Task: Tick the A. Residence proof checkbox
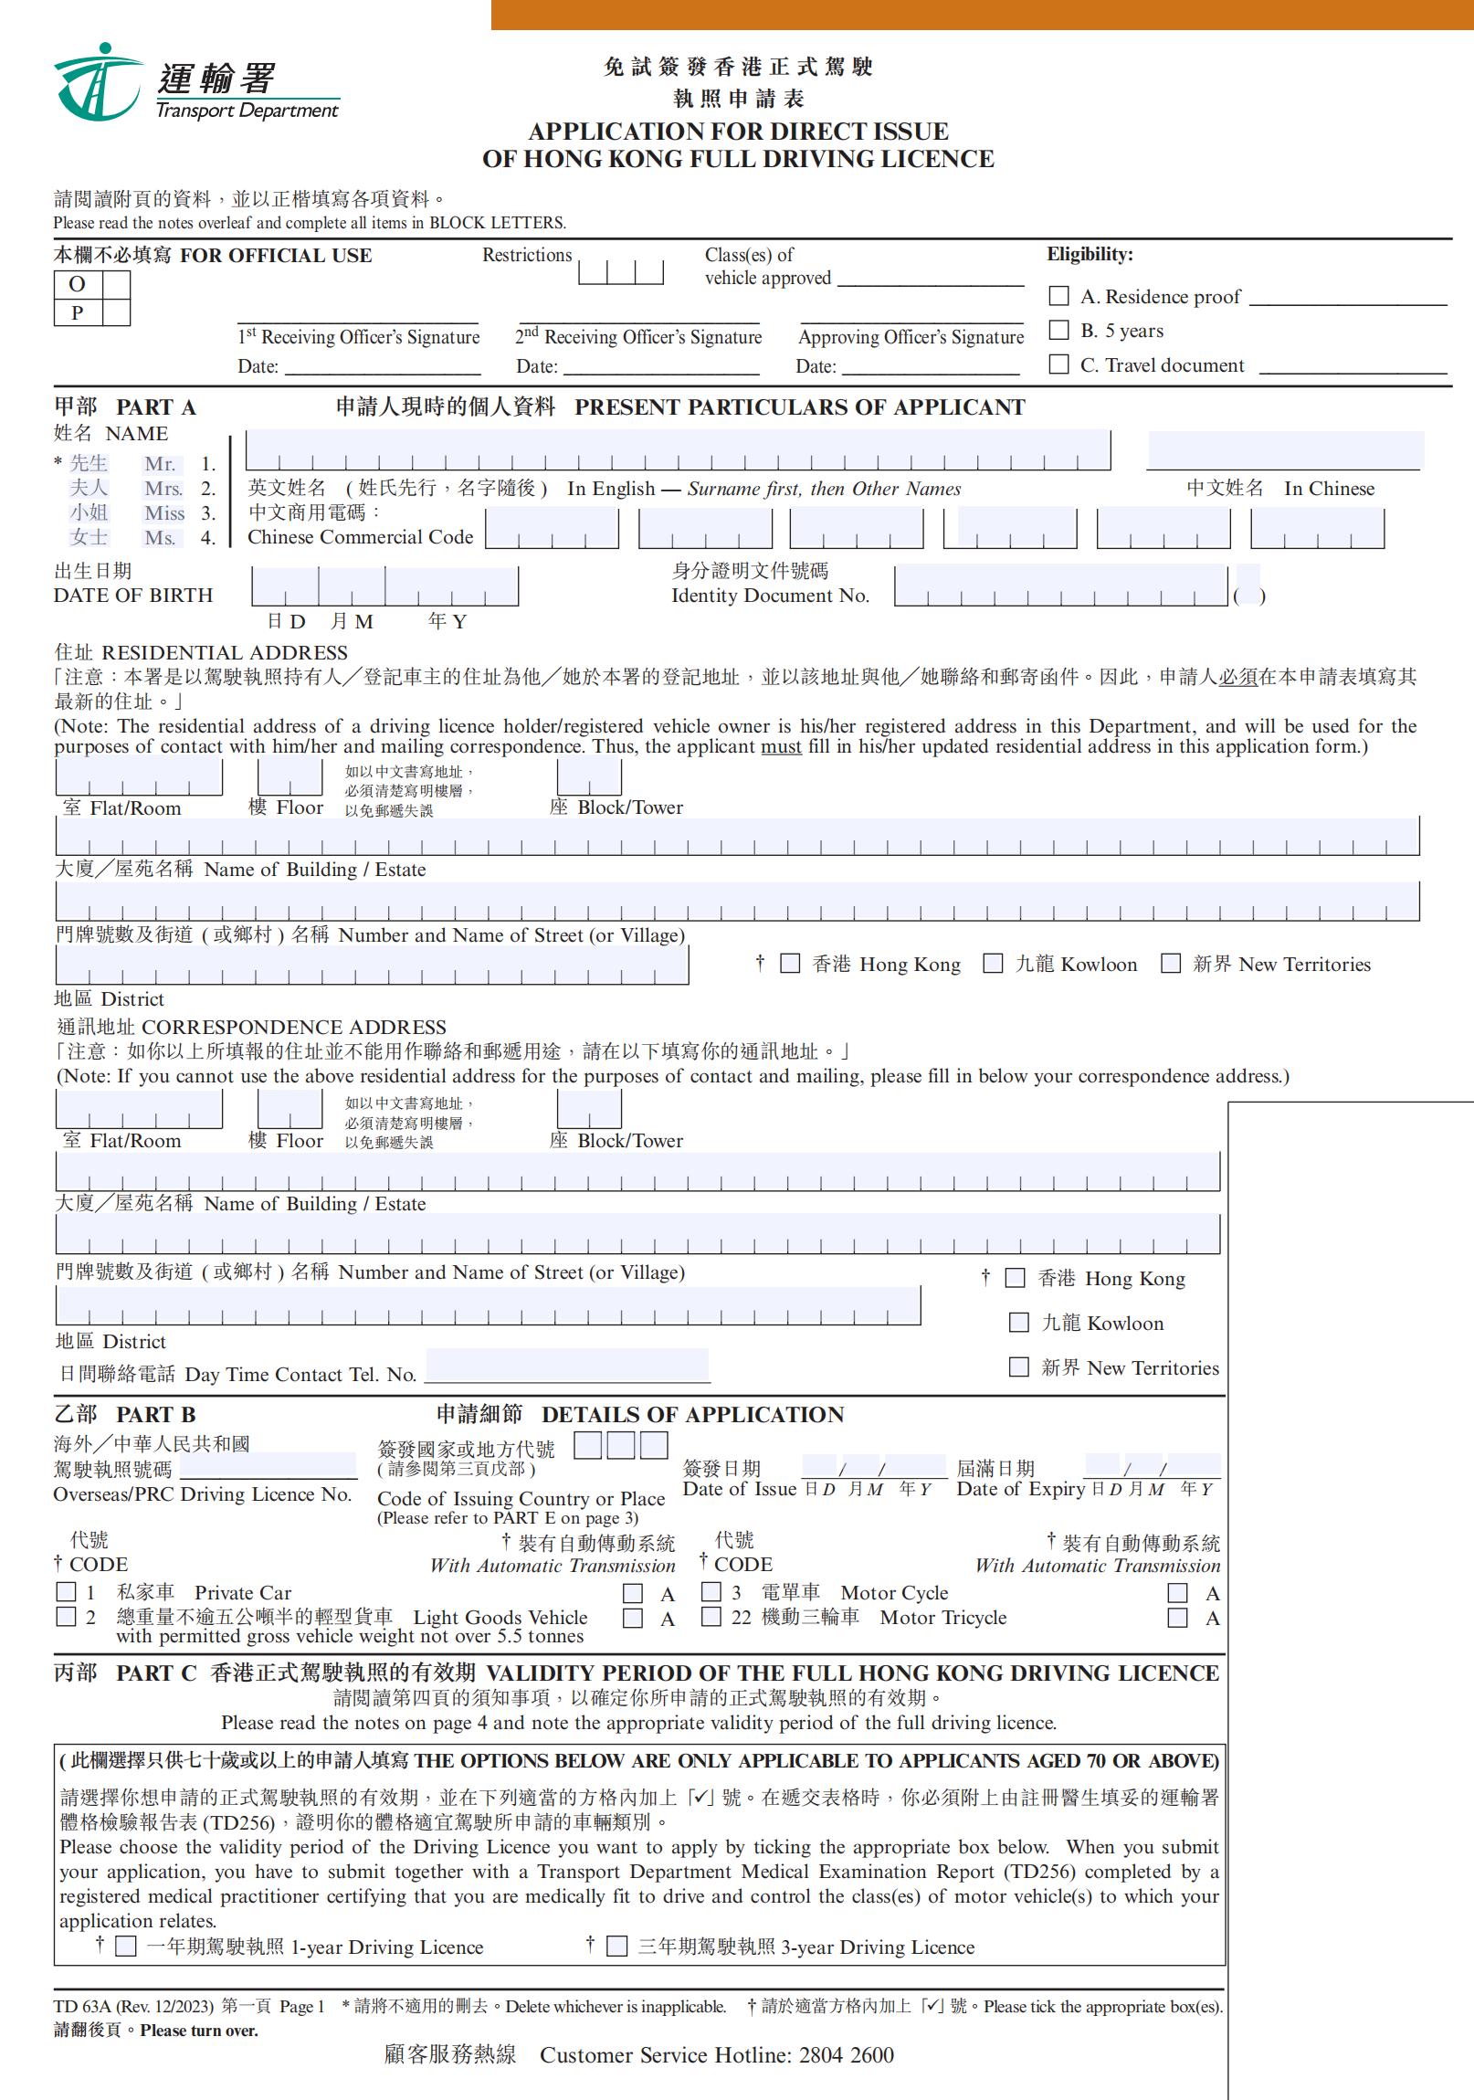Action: (x=1058, y=295)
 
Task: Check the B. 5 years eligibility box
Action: (x=1058, y=329)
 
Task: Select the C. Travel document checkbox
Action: (x=1058, y=364)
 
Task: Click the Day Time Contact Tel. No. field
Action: (x=567, y=1366)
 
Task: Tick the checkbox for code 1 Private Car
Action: (x=66, y=1592)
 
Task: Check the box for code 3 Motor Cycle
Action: (x=711, y=1592)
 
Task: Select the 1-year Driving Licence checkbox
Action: (x=126, y=1946)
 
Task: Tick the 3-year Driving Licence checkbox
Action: (x=617, y=1946)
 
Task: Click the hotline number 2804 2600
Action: (x=846, y=2055)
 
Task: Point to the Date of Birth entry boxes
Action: (x=384, y=586)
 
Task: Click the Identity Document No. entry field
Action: (x=1060, y=586)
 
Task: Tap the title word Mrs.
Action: (x=163, y=489)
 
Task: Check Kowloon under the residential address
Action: (x=992, y=963)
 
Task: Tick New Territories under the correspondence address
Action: (x=1018, y=1367)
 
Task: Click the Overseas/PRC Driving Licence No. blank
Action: (x=268, y=1466)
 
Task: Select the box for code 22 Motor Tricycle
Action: (x=711, y=1617)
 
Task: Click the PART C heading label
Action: (x=155, y=1673)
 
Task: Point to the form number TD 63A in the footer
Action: (x=81, y=2006)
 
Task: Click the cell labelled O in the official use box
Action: (x=78, y=284)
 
